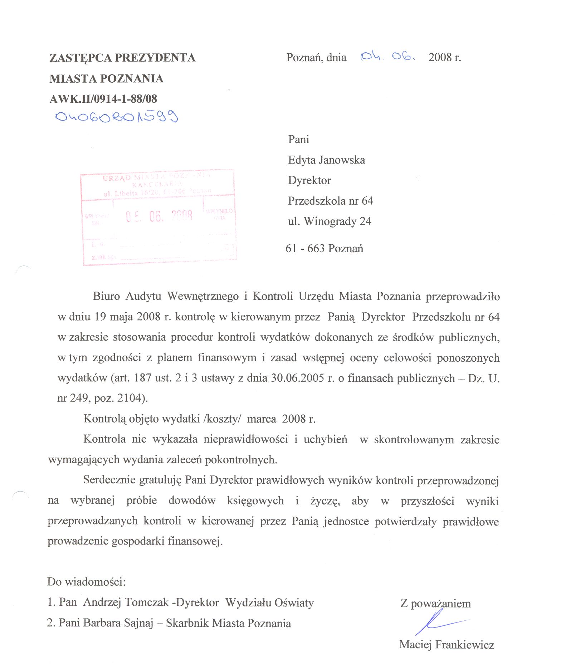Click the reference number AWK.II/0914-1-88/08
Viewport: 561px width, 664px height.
click(103, 99)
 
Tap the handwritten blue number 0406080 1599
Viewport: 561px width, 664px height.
click(116, 117)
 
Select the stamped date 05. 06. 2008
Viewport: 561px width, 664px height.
click(159, 216)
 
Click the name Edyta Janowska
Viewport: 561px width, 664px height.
click(326, 160)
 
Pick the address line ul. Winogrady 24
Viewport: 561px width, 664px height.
click(330, 221)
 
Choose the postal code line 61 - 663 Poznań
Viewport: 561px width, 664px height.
click(324, 248)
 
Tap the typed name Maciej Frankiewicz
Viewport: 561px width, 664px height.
click(447, 645)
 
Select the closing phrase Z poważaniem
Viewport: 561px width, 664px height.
click(435, 604)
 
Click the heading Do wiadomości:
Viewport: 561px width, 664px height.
click(86, 582)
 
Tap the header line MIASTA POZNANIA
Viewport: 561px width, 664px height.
click(106, 79)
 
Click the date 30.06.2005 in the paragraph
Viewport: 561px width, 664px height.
click(297, 378)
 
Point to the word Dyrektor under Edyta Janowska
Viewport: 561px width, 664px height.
click(309, 180)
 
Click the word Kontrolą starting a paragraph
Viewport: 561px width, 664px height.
click(104, 419)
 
